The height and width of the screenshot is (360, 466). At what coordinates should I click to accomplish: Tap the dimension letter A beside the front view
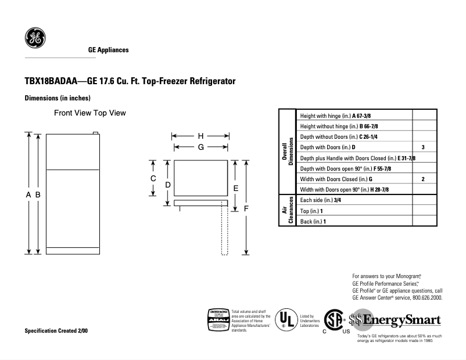coord(28,196)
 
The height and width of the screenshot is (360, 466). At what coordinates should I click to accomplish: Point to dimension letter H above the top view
coord(200,136)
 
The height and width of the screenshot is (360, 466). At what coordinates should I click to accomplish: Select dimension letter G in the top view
coord(200,147)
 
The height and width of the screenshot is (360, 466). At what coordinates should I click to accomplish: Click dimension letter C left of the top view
coord(153,178)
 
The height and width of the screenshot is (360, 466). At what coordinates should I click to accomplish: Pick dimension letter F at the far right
coord(246,208)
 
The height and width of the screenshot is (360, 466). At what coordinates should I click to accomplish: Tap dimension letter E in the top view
coord(235,188)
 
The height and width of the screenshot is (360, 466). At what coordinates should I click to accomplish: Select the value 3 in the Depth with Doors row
coord(423,147)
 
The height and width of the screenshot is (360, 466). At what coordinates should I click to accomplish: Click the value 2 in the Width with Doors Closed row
coord(423,179)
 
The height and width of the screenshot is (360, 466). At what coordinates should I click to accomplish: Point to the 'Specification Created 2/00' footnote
coord(56,330)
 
